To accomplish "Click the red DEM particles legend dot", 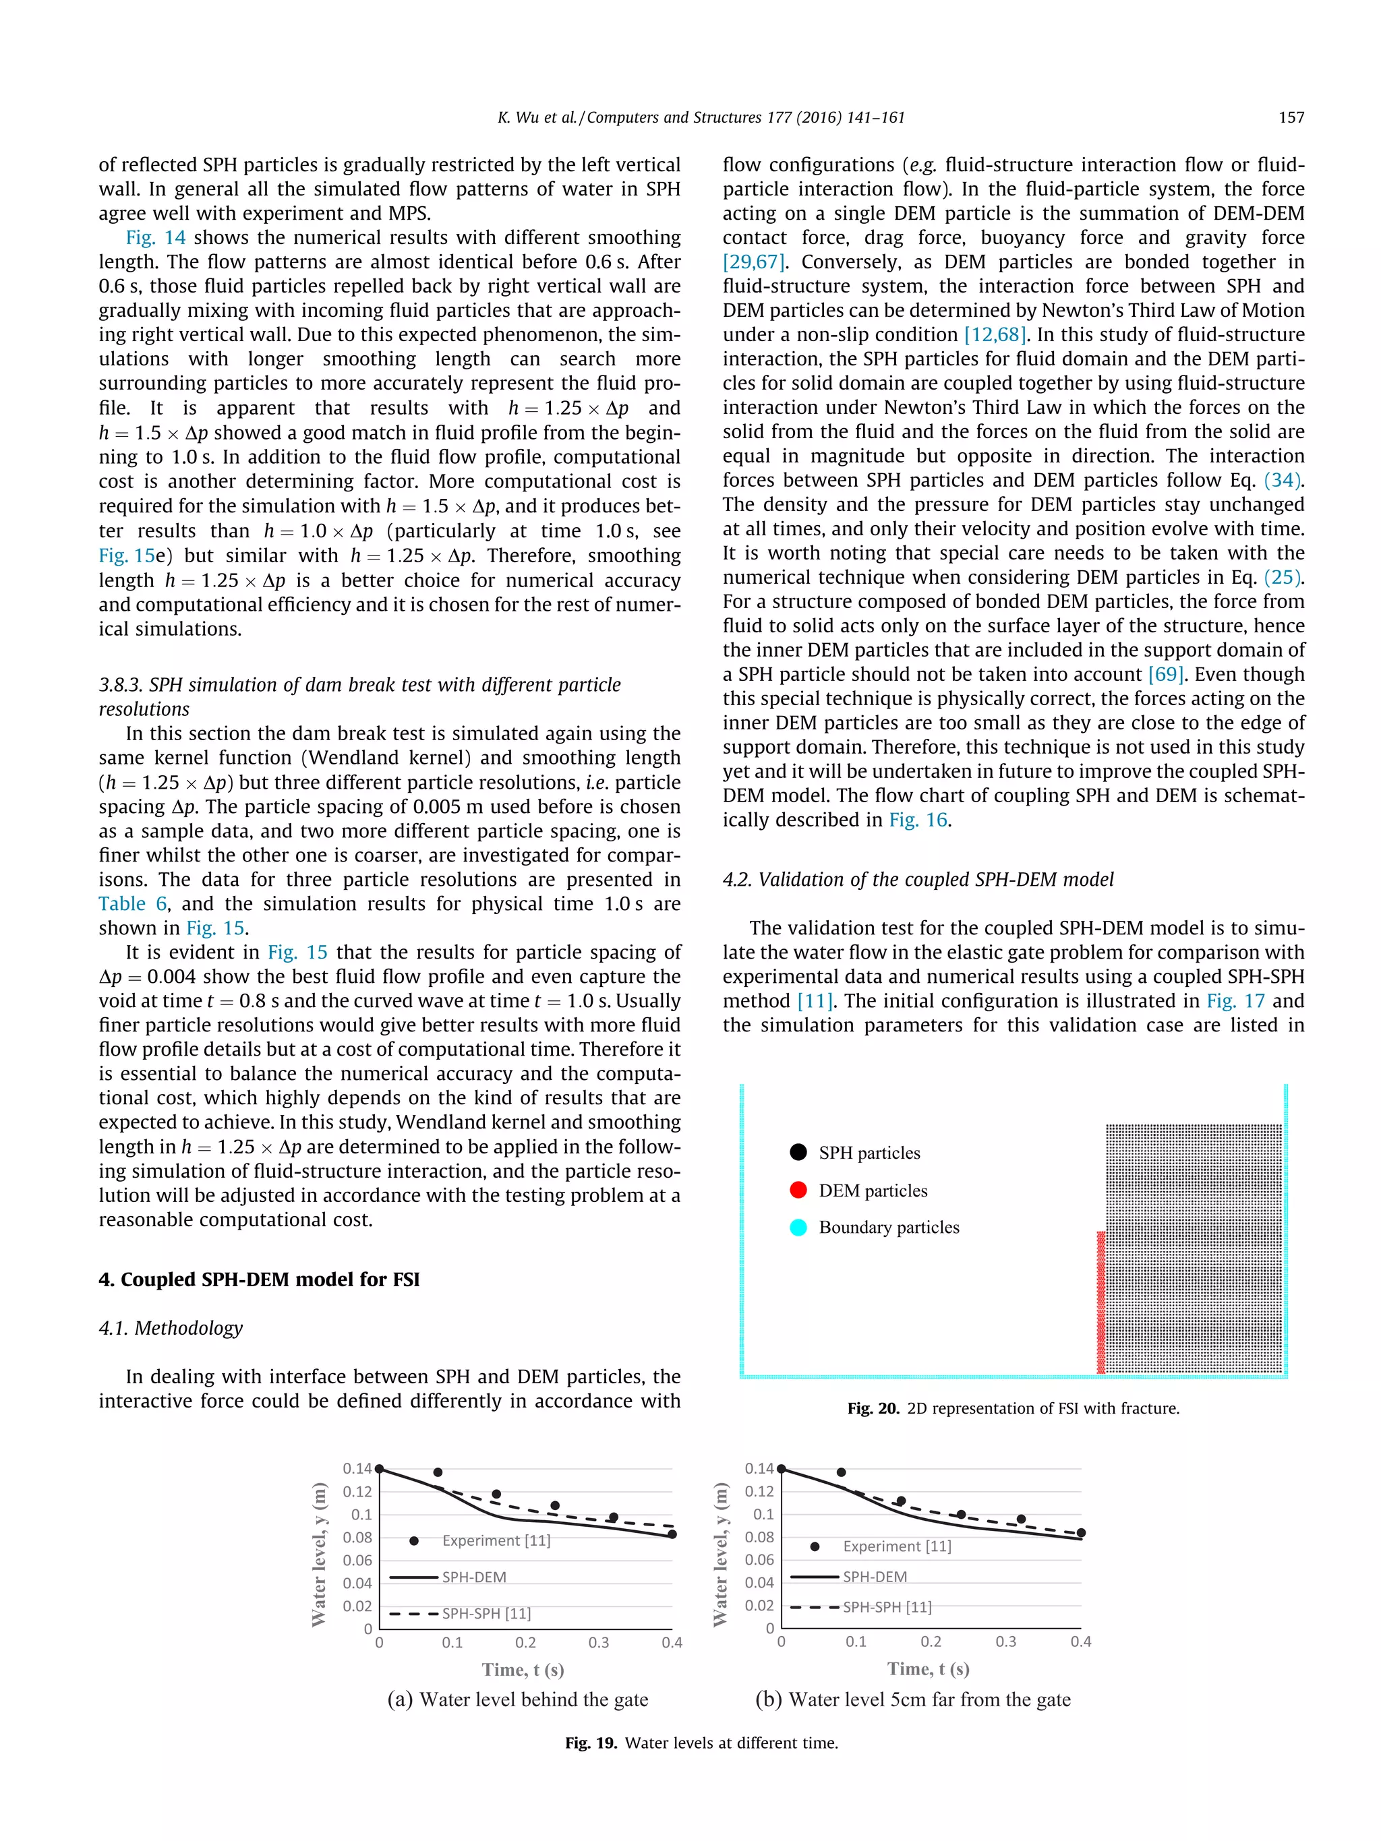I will coord(798,1189).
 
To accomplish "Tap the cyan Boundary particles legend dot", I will coord(798,1227).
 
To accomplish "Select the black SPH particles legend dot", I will coord(798,1152).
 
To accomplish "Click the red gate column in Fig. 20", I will coord(1100,1302).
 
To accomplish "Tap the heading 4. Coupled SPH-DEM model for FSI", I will coord(259,1279).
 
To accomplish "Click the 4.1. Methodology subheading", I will coord(171,1327).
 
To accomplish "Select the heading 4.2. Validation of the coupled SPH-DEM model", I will coord(917,879).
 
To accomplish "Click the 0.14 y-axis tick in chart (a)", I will coord(357,1468).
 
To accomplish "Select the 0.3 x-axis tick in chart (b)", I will coord(1005,1641).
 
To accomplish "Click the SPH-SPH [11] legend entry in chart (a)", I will coord(486,1613).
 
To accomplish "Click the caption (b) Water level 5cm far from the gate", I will coord(912,1699).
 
